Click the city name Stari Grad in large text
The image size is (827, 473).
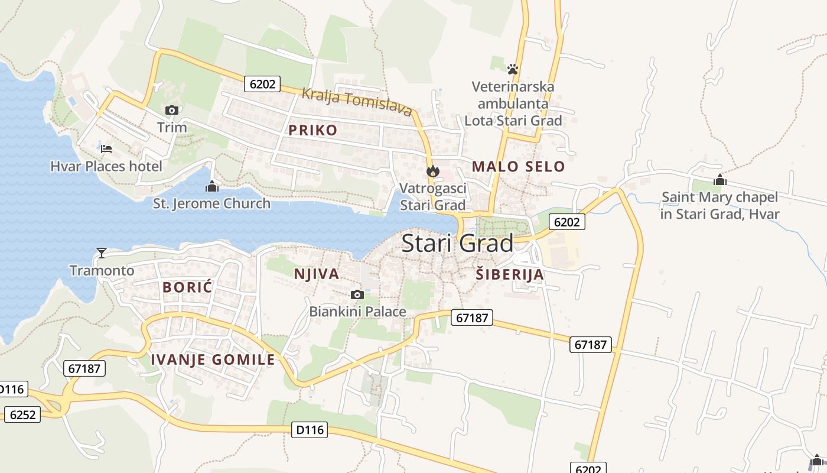pyautogui.click(x=457, y=244)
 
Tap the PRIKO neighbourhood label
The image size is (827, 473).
pyautogui.click(x=313, y=130)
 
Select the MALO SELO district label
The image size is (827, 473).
pyautogui.click(x=519, y=167)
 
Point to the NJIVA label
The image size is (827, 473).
pyautogui.click(x=317, y=274)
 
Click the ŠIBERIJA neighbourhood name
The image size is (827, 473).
pyautogui.click(x=510, y=274)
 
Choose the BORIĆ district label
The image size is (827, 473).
pyautogui.click(x=187, y=287)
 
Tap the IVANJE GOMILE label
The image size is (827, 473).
pyautogui.click(x=213, y=359)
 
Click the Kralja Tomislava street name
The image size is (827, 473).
pyautogui.click(x=357, y=102)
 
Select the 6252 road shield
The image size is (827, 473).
pyautogui.click(x=22, y=414)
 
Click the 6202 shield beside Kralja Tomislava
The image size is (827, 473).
pyautogui.click(x=262, y=84)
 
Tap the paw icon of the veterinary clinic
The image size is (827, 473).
pyautogui.click(x=513, y=69)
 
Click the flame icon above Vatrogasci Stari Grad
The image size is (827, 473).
pyautogui.click(x=433, y=171)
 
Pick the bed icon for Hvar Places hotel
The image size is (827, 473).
pyautogui.click(x=106, y=148)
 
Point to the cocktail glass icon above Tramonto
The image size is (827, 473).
pyautogui.click(x=102, y=253)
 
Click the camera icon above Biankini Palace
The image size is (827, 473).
pyautogui.click(x=357, y=294)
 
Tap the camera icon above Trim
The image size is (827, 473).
pyautogui.click(x=172, y=110)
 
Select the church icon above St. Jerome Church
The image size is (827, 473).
pyautogui.click(x=211, y=187)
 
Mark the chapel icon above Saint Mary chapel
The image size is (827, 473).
pyautogui.click(x=719, y=180)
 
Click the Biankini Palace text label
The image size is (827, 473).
pyautogui.click(x=358, y=312)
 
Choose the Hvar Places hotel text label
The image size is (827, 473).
pyautogui.click(x=106, y=166)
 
